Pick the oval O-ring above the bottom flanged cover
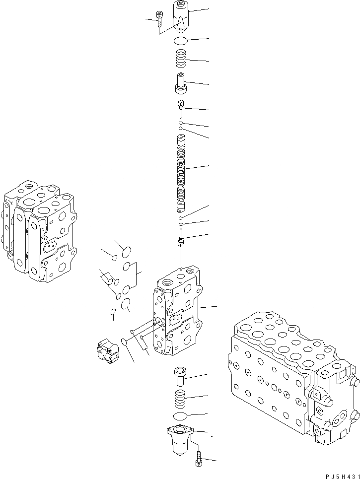(179, 415)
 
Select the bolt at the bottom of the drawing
(199, 459)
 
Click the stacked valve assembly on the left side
(40, 231)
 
